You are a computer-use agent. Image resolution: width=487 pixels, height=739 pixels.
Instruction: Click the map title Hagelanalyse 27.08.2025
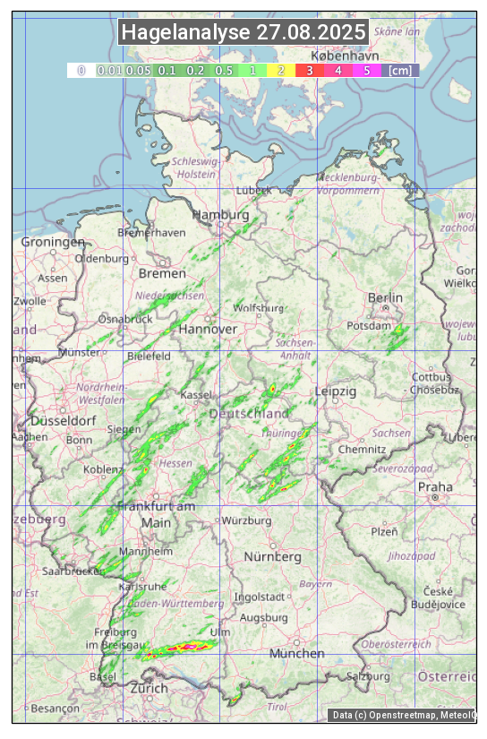coord(243,32)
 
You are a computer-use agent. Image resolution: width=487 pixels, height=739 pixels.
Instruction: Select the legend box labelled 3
coord(310,70)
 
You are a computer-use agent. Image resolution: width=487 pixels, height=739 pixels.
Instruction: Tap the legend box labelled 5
coord(367,70)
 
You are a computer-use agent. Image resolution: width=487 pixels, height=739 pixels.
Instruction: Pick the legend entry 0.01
coord(109,70)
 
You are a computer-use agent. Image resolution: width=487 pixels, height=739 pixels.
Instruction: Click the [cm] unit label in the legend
coord(401,70)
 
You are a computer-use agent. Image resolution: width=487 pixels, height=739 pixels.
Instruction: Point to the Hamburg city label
coord(220,215)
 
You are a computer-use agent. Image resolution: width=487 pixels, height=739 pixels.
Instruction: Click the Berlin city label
coord(385,297)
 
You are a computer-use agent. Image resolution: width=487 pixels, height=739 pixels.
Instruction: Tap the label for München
coord(297,653)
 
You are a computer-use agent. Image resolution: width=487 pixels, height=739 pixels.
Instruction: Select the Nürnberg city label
coord(273,556)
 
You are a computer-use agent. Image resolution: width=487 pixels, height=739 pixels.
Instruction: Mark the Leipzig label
coord(336,391)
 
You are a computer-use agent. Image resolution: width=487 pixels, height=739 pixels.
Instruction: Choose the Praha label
coord(435,486)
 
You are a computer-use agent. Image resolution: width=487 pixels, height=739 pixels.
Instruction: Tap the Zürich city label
coord(149,688)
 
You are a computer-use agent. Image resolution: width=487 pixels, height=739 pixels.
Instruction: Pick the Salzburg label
coord(367,675)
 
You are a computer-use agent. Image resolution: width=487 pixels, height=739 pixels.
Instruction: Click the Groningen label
coord(53,242)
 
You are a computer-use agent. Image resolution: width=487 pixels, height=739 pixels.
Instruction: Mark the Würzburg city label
coord(246,520)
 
